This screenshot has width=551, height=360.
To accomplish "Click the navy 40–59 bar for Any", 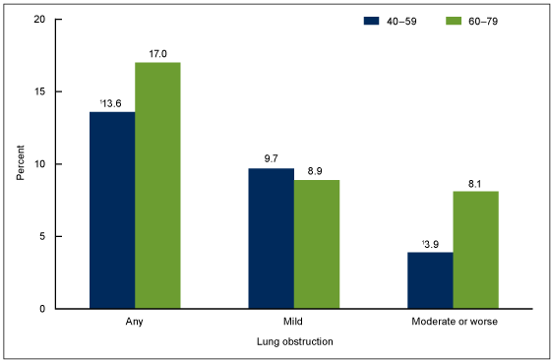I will pyautogui.click(x=112, y=210).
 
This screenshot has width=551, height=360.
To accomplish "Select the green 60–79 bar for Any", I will pyautogui.click(x=157, y=185).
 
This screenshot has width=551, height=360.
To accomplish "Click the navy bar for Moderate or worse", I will pyautogui.click(x=430, y=280).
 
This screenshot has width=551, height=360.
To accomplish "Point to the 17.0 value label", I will pyautogui.click(x=157, y=54).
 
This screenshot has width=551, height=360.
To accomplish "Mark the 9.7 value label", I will pyautogui.click(x=271, y=159).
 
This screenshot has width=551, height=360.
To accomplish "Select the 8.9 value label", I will pyautogui.click(x=316, y=171).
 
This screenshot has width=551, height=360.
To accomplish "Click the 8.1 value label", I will pyautogui.click(x=475, y=183).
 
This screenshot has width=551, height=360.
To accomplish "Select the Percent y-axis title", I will pyautogui.click(x=21, y=163).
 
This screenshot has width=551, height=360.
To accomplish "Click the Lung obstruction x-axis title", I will pyautogui.click(x=293, y=340).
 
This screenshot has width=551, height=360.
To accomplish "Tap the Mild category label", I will pyautogui.click(x=293, y=321).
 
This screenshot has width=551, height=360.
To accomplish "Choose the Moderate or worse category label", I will pyautogui.click(x=453, y=321).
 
